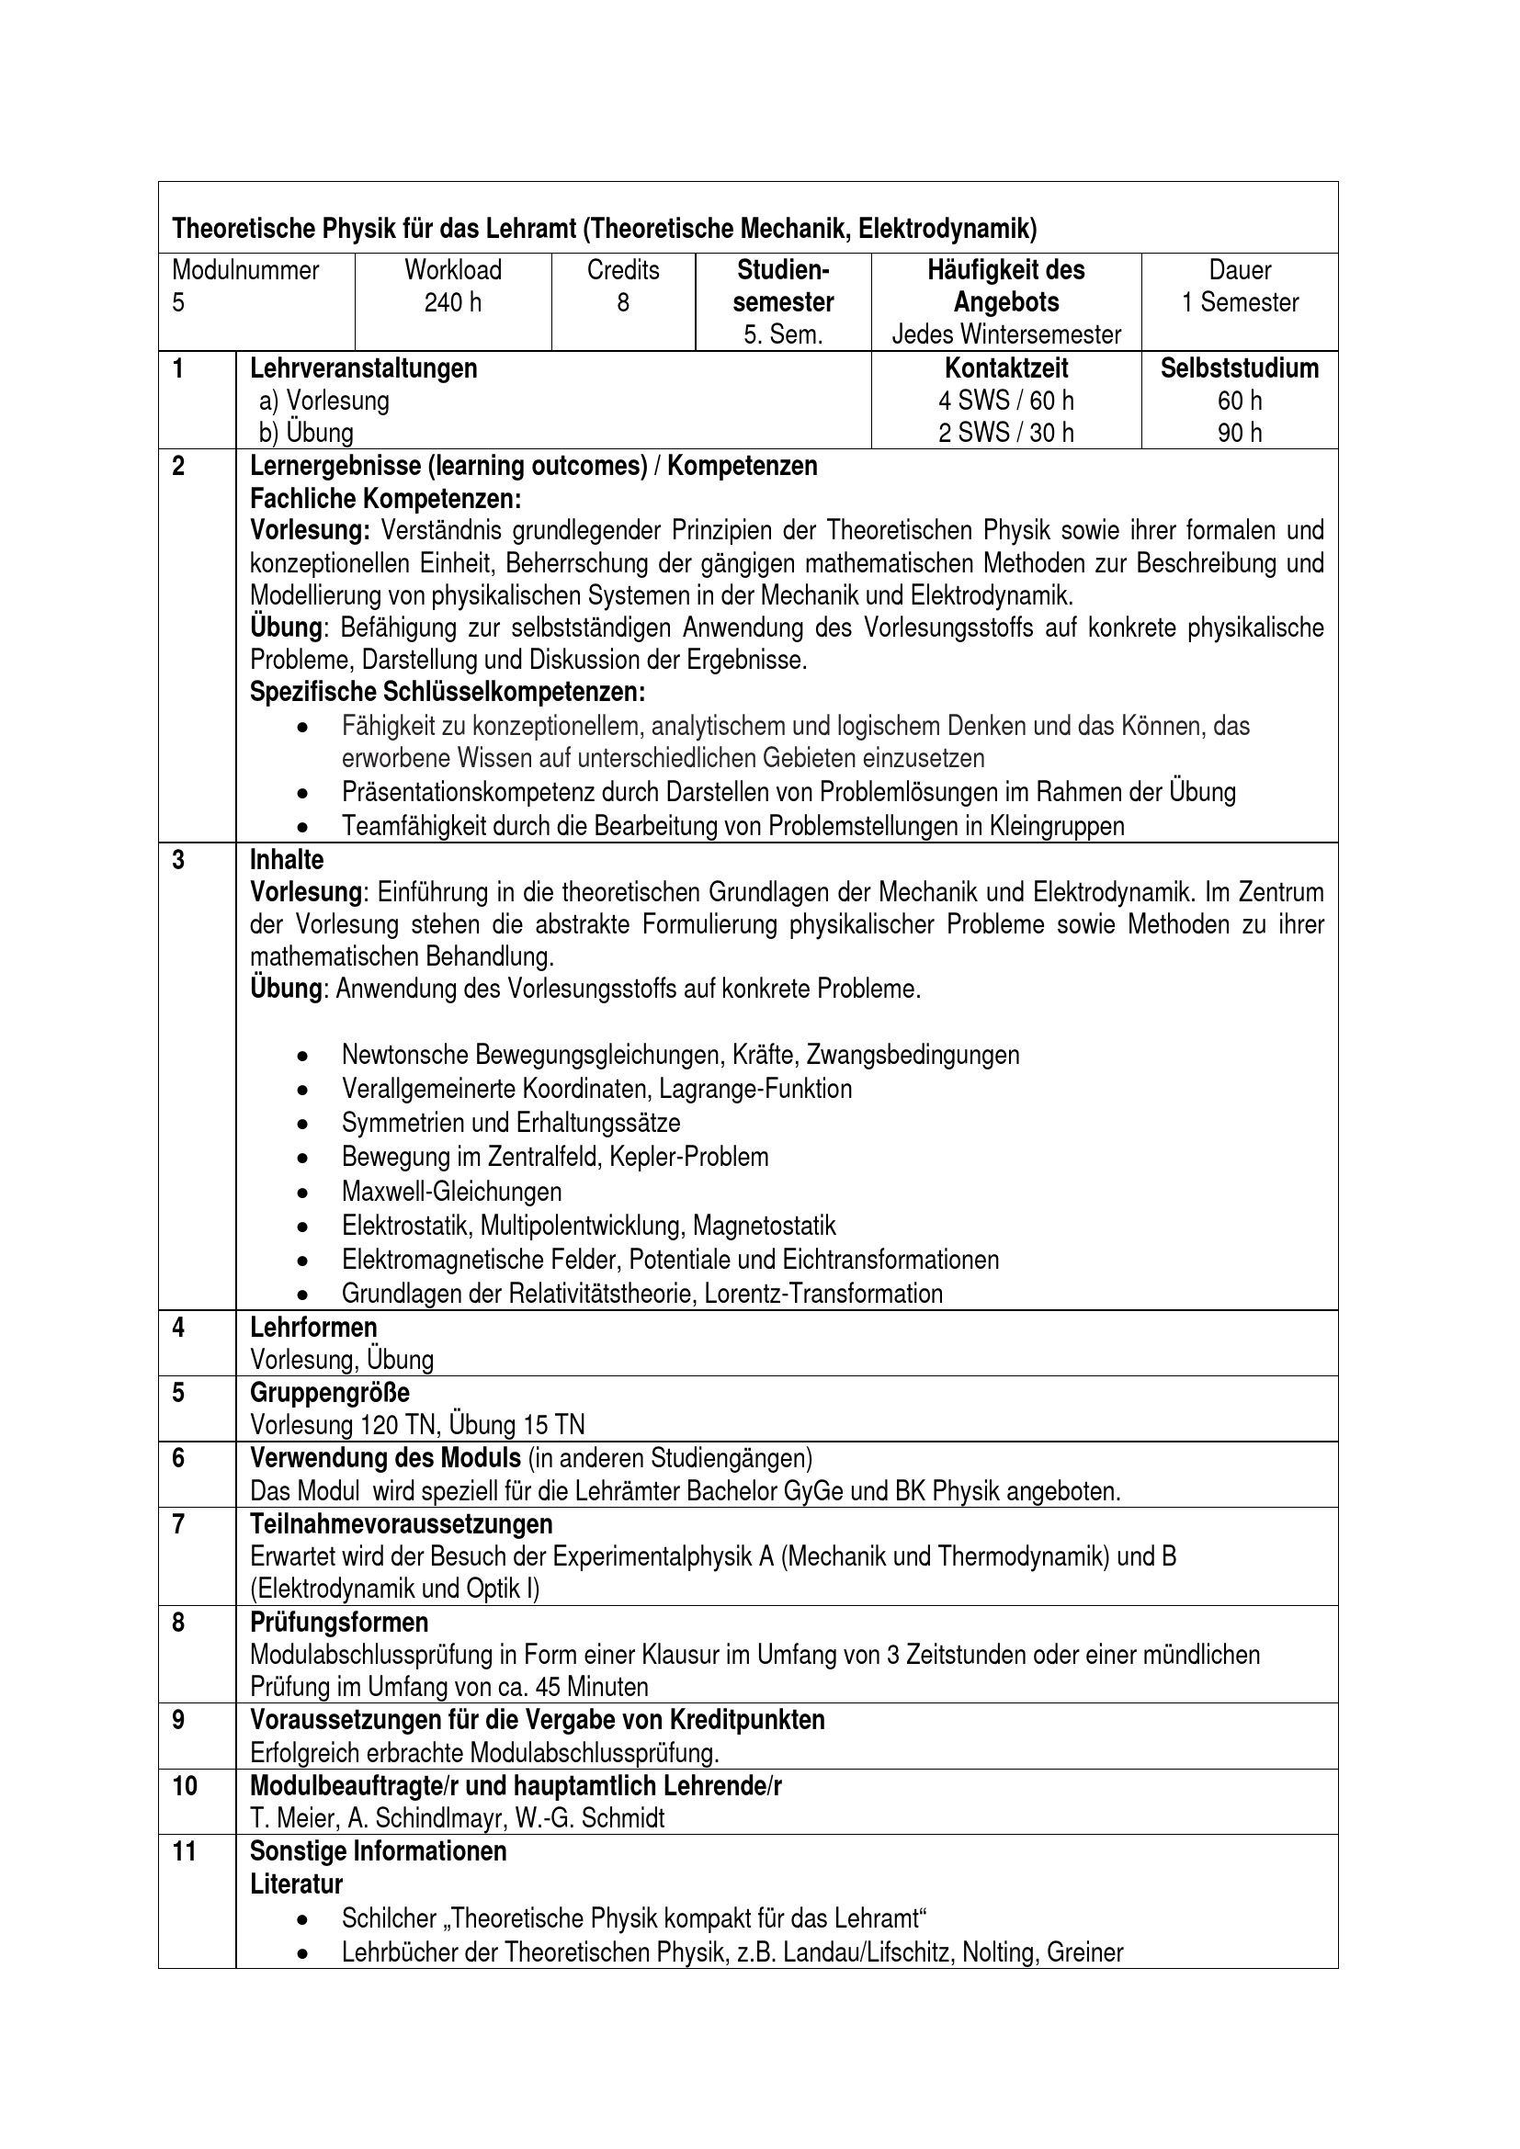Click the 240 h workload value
[x=453, y=302]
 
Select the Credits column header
[x=622, y=270]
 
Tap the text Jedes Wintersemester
[x=1006, y=334]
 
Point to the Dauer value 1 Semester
[x=1239, y=302]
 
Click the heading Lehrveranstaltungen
[x=363, y=368]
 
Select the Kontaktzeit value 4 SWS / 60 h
[x=1006, y=401]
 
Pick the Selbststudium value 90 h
[x=1239, y=433]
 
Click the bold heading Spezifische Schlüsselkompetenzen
[x=448, y=693]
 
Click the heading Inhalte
[x=287, y=859]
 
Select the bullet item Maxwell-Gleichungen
[x=451, y=1192]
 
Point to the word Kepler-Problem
[x=688, y=1157]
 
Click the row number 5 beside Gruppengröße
[x=179, y=1393]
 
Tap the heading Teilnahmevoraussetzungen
[x=401, y=1525]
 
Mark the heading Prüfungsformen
[x=339, y=1622]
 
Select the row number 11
[x=185, y=1850]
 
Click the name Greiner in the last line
[x=1084, y=1952]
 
